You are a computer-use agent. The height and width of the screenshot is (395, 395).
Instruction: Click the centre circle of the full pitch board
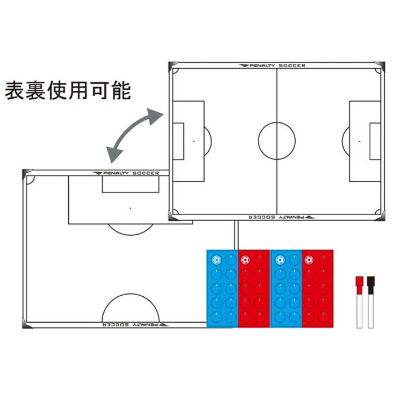tap(258, 141)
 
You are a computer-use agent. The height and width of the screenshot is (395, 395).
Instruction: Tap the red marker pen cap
tap(359, 285)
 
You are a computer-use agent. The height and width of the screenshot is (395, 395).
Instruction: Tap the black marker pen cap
tap(371, 285)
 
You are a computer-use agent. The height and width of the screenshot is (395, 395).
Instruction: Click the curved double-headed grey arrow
tap(131, 131)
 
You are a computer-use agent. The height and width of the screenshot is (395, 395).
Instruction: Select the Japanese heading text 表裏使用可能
tap(68, 90)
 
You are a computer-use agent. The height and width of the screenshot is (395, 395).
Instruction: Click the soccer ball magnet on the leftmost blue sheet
tap(216, 260)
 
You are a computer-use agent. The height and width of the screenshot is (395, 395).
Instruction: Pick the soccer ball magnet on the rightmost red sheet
tap(309, 260)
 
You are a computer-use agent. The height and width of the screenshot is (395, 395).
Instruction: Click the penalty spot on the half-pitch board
tap(130, 208)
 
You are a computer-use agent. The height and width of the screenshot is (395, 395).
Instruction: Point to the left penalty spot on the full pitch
tap(194, 141)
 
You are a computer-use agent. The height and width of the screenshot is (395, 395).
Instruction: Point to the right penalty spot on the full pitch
tap(359, 141)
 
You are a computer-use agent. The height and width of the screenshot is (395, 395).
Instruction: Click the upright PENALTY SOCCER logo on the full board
tap(272, 65)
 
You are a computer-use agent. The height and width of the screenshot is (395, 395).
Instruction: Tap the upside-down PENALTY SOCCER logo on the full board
tap(282, 217)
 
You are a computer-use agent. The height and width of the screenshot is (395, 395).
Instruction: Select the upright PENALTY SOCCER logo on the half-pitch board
tap(126, 173)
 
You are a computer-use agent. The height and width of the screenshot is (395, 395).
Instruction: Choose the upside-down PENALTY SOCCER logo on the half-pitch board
tap(135, 324)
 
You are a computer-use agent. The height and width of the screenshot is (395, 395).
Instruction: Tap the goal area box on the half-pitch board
tap(130, 192)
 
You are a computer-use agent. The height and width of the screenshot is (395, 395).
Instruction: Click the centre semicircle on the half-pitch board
tap(130, 294)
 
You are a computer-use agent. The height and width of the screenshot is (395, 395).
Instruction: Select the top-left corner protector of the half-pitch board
tap(27, 173)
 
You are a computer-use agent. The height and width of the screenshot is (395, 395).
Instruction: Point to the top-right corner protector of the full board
tap(380, 66)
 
